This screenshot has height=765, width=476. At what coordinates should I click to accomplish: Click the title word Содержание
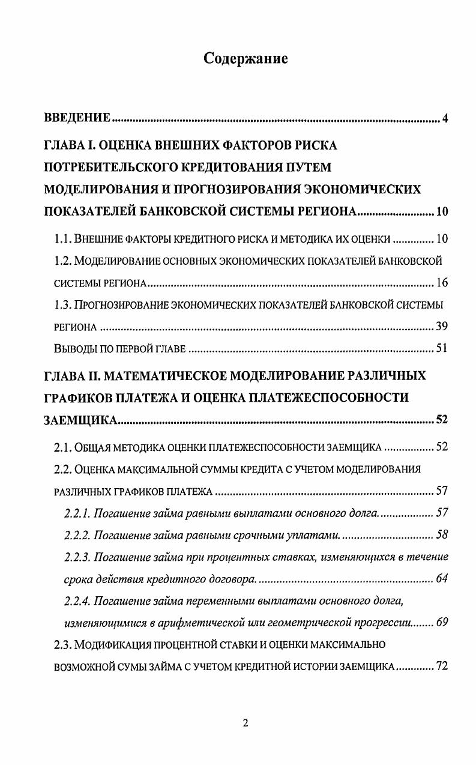click(246, 58)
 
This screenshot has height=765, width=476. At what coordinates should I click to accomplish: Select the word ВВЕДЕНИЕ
click(77, 117)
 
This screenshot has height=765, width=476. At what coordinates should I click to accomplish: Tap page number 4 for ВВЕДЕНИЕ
click(445, 118)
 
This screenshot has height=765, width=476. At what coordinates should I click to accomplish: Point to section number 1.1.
click(63, 239)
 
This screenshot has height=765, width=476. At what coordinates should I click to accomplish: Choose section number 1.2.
click(63, 261)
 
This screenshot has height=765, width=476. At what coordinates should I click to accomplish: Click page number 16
click(442, 283)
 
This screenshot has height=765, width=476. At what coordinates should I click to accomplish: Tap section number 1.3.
click(63, 305)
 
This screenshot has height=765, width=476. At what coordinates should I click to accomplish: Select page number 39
click(442, 327)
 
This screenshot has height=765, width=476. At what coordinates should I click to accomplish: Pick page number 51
click(442, 349)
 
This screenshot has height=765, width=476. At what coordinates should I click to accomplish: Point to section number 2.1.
click(63, 447)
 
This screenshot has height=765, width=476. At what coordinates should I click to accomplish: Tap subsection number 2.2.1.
click(76, 513)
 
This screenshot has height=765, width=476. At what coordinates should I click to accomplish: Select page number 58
click(442, 534)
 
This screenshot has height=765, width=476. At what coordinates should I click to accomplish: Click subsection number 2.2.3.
click(76, 557)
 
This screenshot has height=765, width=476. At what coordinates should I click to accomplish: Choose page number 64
click(442, 579)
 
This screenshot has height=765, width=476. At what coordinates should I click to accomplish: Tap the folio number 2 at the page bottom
click(245, 723)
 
